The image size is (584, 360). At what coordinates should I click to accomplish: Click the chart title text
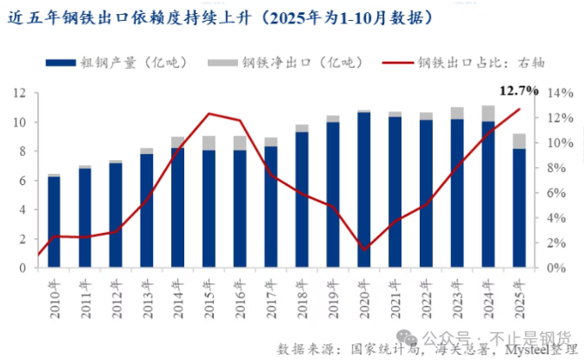click(220, 17)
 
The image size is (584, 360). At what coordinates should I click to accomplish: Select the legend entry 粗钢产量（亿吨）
click(116, 63)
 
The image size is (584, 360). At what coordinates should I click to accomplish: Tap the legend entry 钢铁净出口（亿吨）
click(285, 63)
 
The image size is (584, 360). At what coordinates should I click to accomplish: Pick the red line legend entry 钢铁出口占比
click(463, 63)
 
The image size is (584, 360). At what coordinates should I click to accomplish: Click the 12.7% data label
click(519, 90)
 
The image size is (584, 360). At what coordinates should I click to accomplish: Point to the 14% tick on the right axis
click(561, 93)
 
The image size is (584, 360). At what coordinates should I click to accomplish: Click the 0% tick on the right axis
click(556, 268)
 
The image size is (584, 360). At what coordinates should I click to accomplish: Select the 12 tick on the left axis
click(20, 92)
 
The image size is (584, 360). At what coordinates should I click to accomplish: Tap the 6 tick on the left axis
click(23, 180)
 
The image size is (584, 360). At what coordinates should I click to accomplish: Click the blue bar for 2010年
click(54, 222)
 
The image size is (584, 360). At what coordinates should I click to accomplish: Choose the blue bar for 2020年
click(364, 190)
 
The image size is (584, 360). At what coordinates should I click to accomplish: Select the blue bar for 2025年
click(519, 208)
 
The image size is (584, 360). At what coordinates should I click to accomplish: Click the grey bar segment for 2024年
click(488, 113)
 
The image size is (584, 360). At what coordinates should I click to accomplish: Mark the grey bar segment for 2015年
click(209, 143)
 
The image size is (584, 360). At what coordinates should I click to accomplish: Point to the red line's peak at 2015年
click(209, 113)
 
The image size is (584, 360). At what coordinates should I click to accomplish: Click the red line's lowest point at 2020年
click(364, 250)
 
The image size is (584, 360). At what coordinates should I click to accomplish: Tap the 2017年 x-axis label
click(271, 299)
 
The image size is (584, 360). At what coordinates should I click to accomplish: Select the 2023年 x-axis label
click(457, 299)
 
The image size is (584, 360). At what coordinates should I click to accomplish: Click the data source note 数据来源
click(427, 350)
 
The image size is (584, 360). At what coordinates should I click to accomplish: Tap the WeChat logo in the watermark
click(407, 337)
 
